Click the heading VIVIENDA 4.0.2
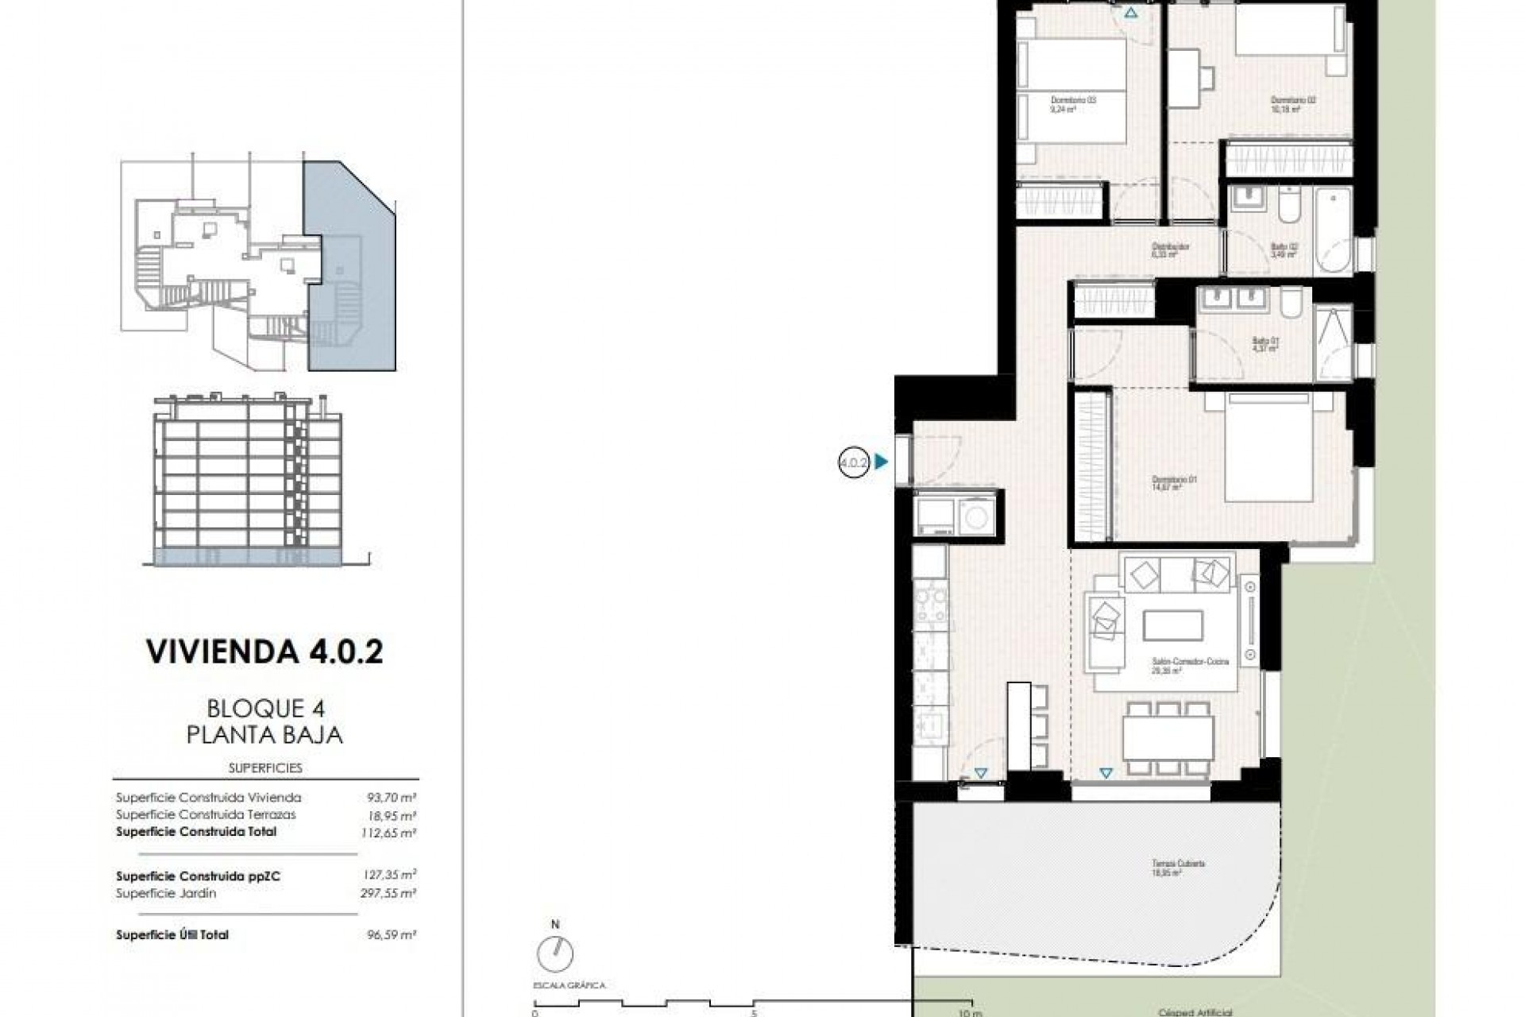click(x=264, y=652)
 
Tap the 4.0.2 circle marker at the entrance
click(x=854, y=462)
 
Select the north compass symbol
click(x=554, y=951)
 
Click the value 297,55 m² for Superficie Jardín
click(x=389, y=893)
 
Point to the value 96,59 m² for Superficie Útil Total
click(x=389, y=935)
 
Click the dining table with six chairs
click(x=1168, y=737)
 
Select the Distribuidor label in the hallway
click(x=1171, y=250)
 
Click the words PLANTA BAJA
click(x=264, y=735)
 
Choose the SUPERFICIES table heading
click(x=264, y=768)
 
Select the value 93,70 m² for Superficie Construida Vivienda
click(x=389, y=797)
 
